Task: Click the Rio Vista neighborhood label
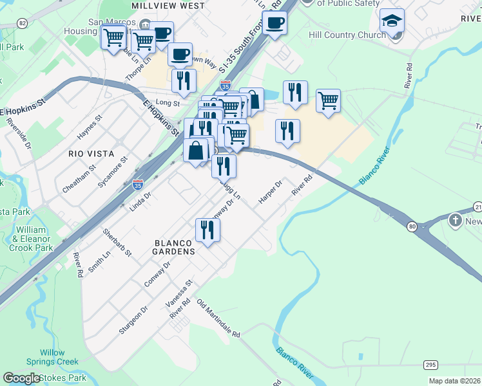(x=91, y=154)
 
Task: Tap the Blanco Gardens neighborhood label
(x=174, y=247)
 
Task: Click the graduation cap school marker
(x=392, y=22)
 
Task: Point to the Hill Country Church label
(x=347, y=35)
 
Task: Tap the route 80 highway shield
(x=411, y=226)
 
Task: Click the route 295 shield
(x=431, y=365)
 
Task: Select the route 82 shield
(x=23, y=23)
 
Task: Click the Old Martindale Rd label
(x=218, y=318)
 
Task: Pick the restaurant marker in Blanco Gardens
(x=207, y=229)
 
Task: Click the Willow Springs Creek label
(x=52, y=357)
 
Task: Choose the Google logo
(x=22, y=378)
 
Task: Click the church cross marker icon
(x=456, y=220)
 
